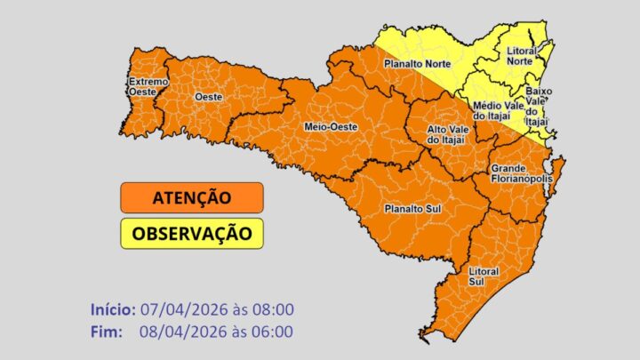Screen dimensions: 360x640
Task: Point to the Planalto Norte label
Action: point(417,64)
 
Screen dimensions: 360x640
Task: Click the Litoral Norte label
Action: point(521,60)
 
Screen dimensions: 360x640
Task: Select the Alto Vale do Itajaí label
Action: point(436,135)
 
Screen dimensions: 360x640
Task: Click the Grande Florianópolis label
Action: point(520,173)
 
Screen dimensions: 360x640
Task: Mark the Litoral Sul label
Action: point(484,275)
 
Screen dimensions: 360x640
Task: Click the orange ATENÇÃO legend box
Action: point(191,197)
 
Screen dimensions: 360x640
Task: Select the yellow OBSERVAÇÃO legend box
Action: point(191,234)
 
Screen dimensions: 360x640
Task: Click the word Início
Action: point(112,309)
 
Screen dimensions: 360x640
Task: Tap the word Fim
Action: point(106,332)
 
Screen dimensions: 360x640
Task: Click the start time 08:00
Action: point(274,309)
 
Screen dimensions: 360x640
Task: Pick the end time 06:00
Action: point(274,332)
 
